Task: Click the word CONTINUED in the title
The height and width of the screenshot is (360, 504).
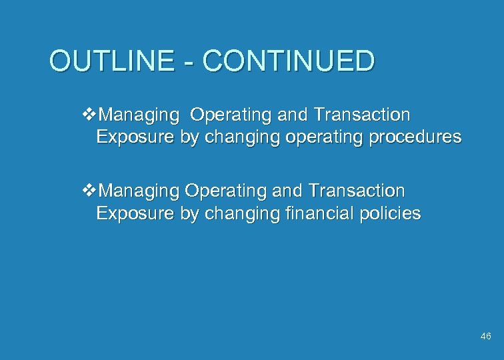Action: coord(289,61)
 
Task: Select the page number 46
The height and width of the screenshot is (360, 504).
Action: coord(485,337)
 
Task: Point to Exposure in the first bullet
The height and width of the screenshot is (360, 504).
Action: coord(135,137)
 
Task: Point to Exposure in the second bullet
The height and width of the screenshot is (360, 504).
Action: coord(135,213)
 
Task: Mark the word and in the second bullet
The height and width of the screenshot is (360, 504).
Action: coord(288,191)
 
